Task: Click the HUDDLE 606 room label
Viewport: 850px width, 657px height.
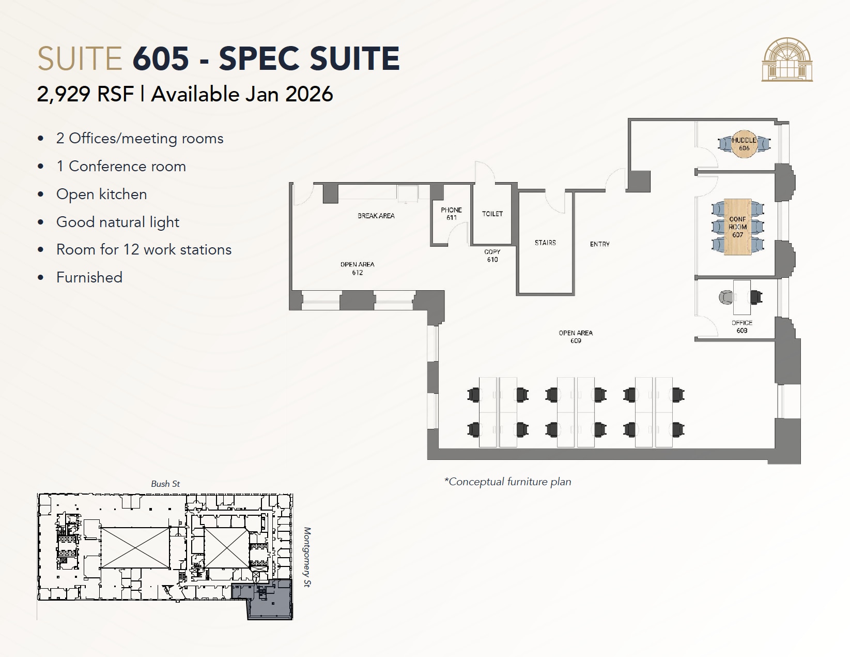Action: tap(744, 144)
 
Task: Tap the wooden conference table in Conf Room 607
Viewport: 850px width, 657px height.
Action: tap(737, 227)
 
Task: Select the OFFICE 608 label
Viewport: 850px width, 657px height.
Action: tap(741, 326)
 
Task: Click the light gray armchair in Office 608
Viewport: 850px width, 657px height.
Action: tap(726, 297)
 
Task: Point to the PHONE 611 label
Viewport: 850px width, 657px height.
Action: tap(451, 214)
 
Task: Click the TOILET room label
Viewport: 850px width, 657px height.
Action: tap(492, 214)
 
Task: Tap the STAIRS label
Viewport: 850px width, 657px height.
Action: tap(545, 243)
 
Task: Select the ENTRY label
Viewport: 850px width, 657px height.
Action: tap(599, 244)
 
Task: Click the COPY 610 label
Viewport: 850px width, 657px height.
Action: tap(492, 256)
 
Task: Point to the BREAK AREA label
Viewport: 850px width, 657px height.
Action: tap(376, 216)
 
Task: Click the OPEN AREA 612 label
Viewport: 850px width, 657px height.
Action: tap(357, 268)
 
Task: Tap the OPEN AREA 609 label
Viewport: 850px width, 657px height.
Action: tap(576, 337)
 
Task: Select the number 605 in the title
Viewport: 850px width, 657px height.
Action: tap(161, 58)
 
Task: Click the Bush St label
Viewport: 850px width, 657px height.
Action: tap(165, 484)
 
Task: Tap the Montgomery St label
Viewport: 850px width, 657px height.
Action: tap(307, 557)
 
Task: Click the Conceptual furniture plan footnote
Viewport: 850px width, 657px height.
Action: tap(507, 482)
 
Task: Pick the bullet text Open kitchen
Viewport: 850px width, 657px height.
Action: tap(101, 194)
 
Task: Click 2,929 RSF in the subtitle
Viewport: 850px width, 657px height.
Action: tap(85, 94)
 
